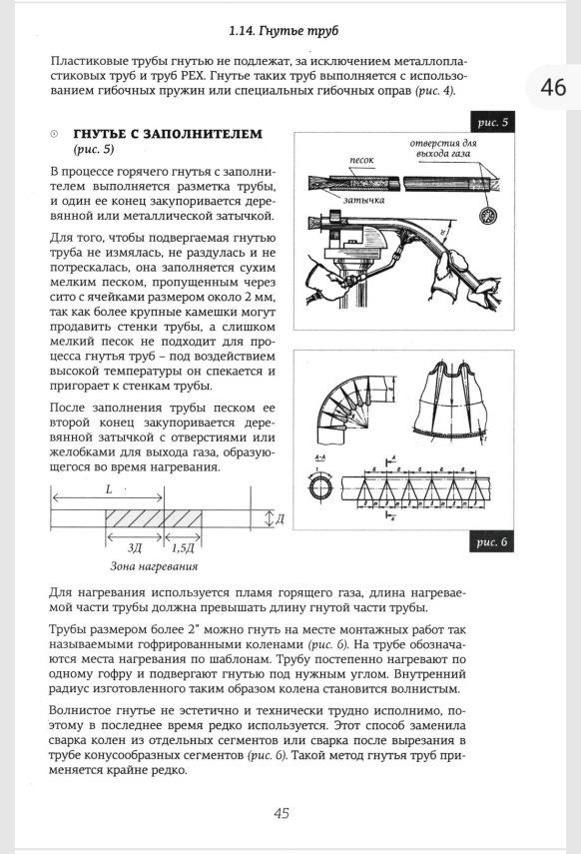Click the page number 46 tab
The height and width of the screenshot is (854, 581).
pyautogui.click(x=553, y=88)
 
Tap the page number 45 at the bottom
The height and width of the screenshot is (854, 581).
pyautogui.click(x=282, y=812)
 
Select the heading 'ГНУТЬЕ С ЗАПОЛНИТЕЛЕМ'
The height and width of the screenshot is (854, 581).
pyautogui.click(x=168, y=134)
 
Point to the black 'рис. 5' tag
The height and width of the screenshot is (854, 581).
pyautogui.click(x=493, y=122)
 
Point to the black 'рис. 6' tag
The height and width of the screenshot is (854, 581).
pyautogui.click(x=493, y=542)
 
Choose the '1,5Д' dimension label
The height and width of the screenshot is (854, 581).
pyautogui.click(x=183, y=547)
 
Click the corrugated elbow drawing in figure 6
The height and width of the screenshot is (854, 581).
pyautogui.click(x=339, y=410)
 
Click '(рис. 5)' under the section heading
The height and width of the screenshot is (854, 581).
pyautogui.click(x=95, y=150)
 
